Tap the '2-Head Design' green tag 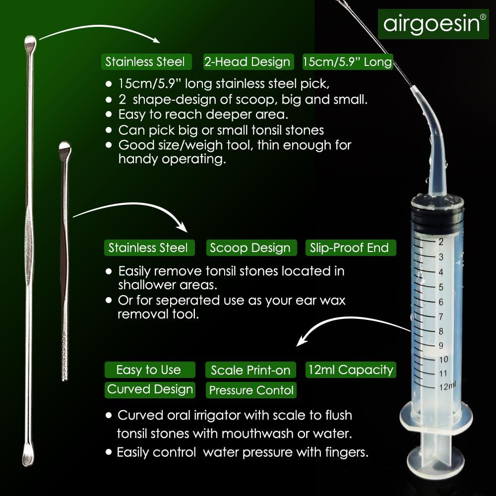pyautogui.click(x=247, y=62)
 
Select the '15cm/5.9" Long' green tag pyautogui.click(x=347, y=62)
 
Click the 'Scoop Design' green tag pyautogui.click(x=250, y=248)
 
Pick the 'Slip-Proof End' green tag pyautogui.click(x=349, y=248)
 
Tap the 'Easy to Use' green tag pyautogui.click(x=148, y=370)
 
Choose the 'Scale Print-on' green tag pyautogui.click(x=250, y=370)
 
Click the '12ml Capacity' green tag pyautogui.click(x=350, y=370)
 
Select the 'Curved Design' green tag pyautogui.click(x=150, y=389)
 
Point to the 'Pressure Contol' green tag pyautogui.click(x=251, y=390)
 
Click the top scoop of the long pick pyautogui.click(x=30, y=43)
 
